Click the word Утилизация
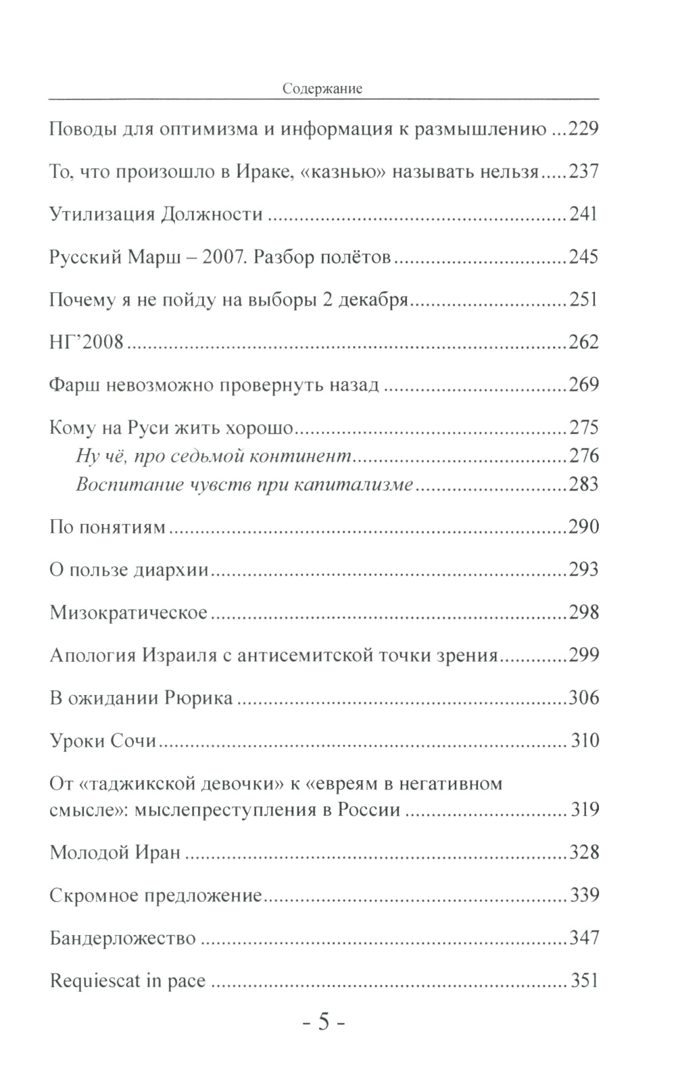[x=101, y=214]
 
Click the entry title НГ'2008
[x=87, y=342]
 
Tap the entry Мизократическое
[x=128, y=613]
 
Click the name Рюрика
[x=199, y=698]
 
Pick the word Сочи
[x=132, y=741]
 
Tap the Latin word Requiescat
[x=95, y=980]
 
